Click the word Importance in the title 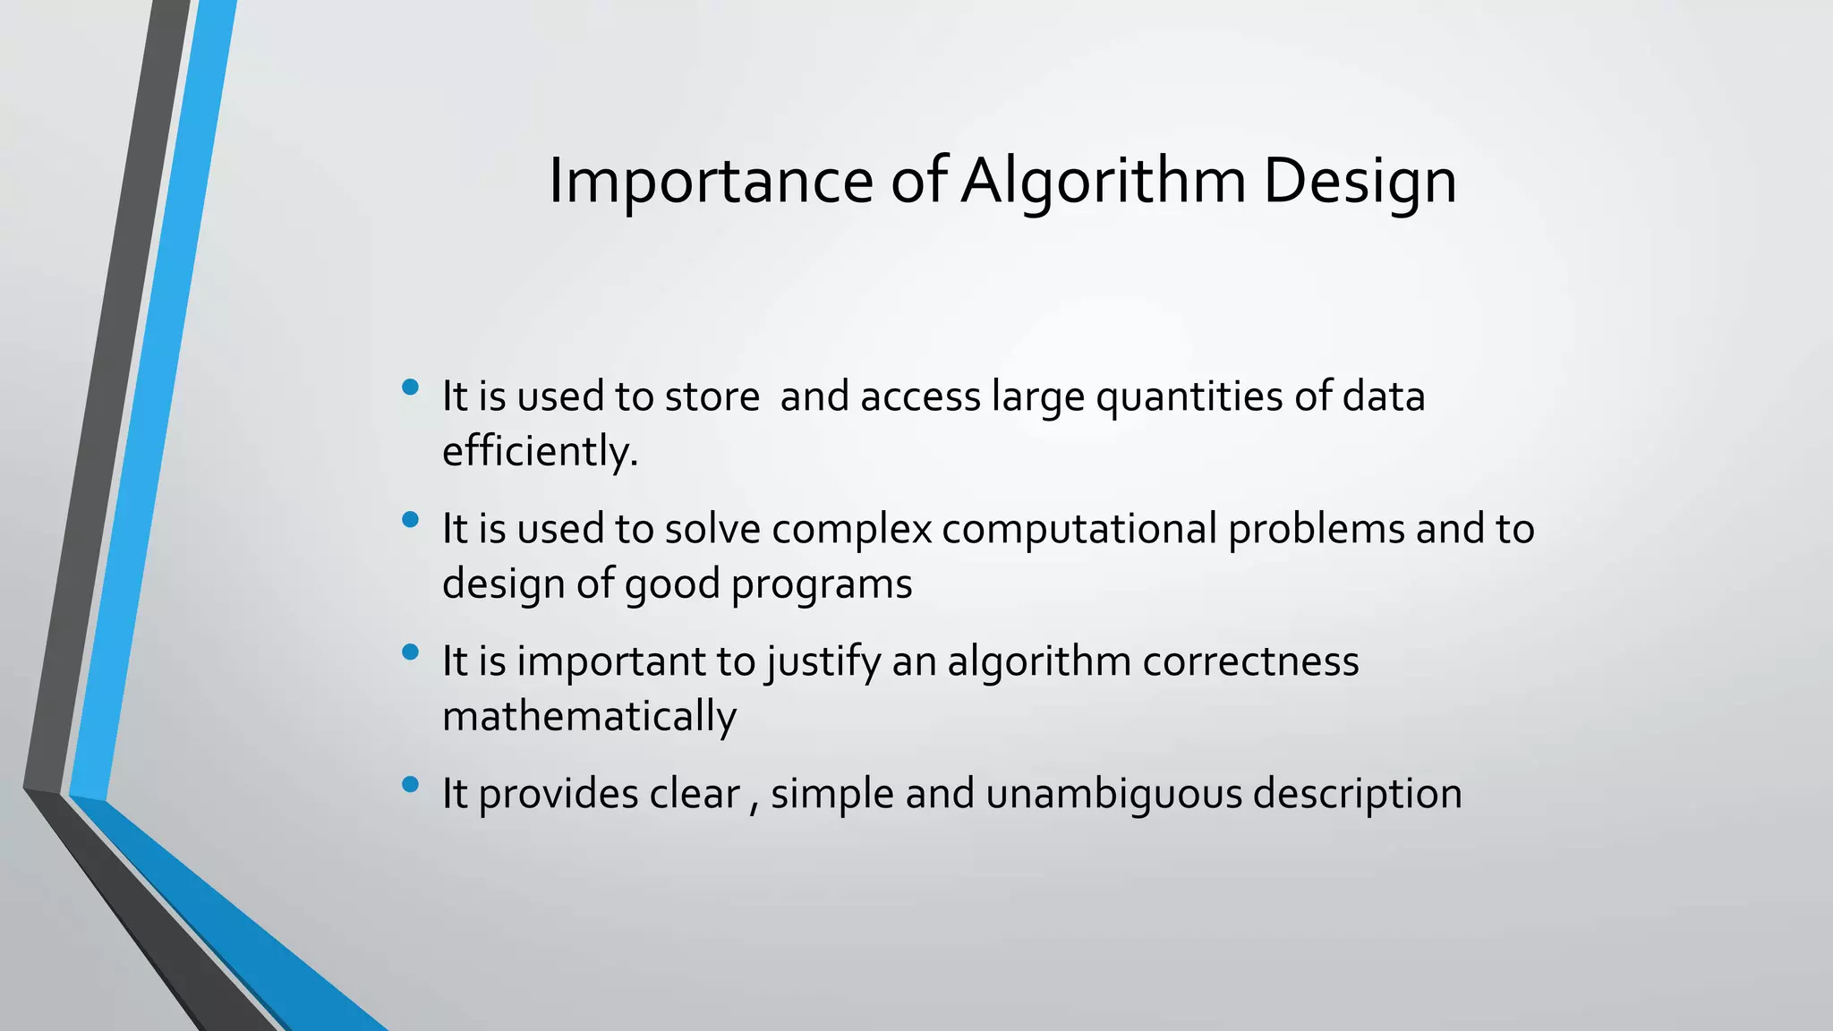pyautogui.click(x=710, y=182)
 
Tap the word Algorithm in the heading pyautogui.click(x=1103, y=182)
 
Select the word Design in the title pyautogui.click(x=1360, y=182)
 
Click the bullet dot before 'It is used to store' pyautogui.click(x=411, y=388)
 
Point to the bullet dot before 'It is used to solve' pyautogui.click(x=411, y=520)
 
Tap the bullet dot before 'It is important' pyautogui.click(x=411, y=652)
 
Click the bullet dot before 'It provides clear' pyautogui.click(x=411, y=785)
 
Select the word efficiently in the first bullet pyautogui.click(x=539, y=451)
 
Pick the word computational pyautogui.click(x=1078, y=529)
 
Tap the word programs pyautogui.click(x=822, y=584)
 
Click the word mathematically pyautogui.click(x=589, y=717)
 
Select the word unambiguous pyautogui.click(x=1113, y=794)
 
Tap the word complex pyautogui.click(x=851, y=529)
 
